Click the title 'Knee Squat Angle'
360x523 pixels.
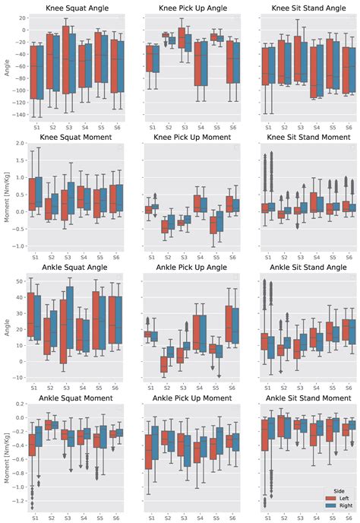(77, 9)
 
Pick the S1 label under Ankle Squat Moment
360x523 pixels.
(34, 518)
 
